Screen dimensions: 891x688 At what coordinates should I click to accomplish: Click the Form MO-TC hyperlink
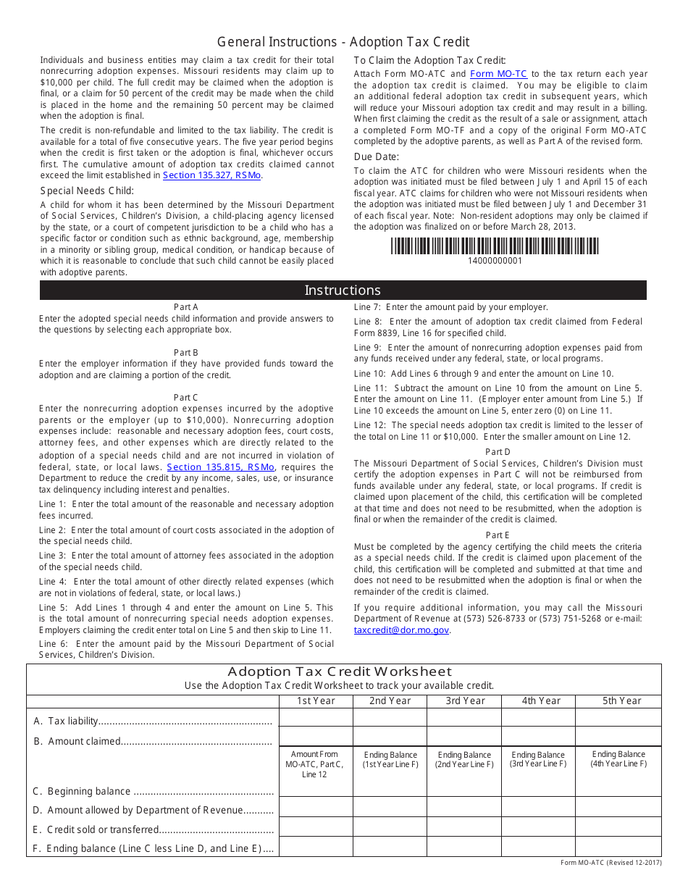498,74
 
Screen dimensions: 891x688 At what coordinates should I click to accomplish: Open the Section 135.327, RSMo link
212,175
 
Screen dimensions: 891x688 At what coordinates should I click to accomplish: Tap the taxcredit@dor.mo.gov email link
401,630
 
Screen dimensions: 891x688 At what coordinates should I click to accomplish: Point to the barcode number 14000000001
495,261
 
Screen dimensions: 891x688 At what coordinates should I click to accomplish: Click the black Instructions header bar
343,290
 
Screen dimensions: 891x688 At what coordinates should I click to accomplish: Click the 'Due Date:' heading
377,156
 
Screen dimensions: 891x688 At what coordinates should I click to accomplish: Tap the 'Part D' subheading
498,452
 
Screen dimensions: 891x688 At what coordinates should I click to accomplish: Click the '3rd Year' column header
465,700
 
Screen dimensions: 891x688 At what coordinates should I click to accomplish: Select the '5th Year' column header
621,700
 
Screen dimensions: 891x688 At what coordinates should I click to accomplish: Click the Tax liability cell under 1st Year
315,717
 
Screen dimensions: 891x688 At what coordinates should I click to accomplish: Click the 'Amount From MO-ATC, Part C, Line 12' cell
315,764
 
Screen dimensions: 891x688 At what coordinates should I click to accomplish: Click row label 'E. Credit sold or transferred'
102,830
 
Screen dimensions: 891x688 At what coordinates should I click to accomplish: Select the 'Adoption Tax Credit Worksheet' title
340,672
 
